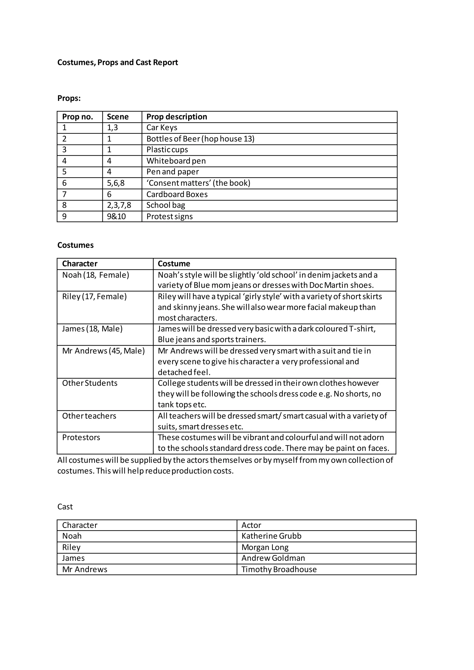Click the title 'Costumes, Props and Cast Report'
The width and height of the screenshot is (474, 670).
pos(118,62)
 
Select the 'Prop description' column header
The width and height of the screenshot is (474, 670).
pos(177,117)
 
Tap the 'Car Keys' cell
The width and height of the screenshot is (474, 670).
pos(162,127)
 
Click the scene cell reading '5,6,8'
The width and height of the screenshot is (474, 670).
pos(115,183)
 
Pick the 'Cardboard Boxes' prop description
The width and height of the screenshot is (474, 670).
pos(177,194)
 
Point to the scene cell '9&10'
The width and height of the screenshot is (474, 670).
pos(116,217)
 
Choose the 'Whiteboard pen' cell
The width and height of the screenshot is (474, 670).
pos(176,161)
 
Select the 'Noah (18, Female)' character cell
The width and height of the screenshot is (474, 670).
pos(95,275)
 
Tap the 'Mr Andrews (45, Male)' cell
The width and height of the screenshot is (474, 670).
pos(103,351)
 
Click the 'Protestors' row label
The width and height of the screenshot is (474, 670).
pos(81,437)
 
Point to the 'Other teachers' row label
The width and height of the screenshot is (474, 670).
pos(89,416)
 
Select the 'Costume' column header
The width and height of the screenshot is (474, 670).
pos(174,264)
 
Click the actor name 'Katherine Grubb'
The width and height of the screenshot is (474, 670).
pos(271,536)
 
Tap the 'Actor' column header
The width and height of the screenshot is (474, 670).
pos(251,525)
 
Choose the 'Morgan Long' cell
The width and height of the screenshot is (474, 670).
pos(265,547)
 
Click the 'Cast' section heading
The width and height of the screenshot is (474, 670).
pos(65,507)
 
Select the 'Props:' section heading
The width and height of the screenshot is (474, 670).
pos(69,98)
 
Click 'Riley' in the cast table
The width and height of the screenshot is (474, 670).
pos(71,547)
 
